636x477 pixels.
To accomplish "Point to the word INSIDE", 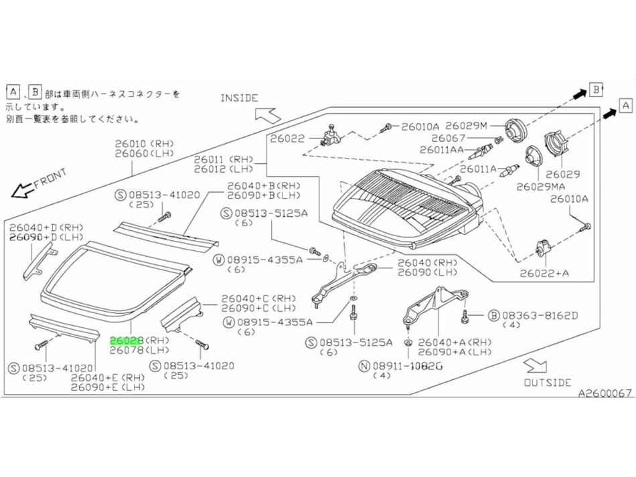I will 239,98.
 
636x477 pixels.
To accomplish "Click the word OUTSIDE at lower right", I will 548,383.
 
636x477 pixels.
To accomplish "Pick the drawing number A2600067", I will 605,394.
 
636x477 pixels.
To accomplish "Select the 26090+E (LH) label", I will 107,387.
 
